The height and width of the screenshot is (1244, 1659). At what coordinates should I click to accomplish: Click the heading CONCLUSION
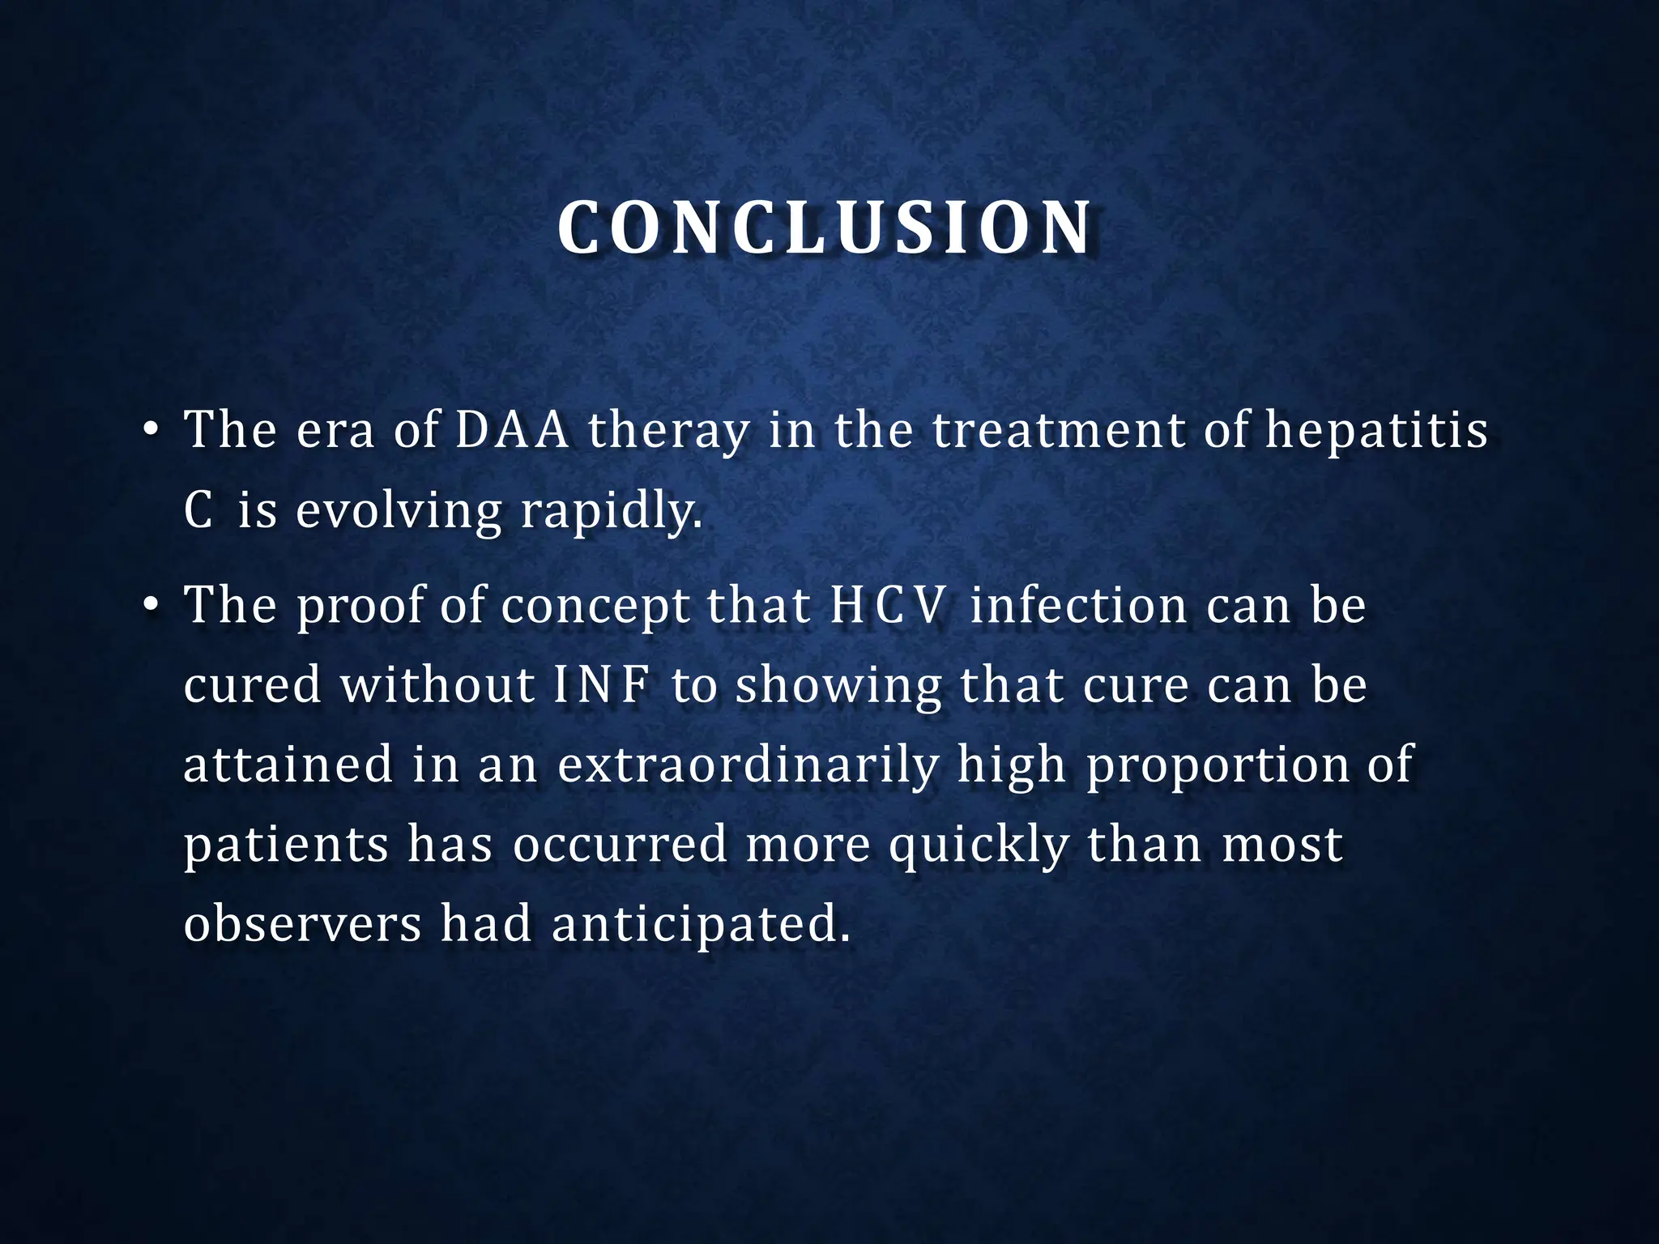tap(825, 228)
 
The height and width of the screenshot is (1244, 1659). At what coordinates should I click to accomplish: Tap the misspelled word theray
tap(668, 431)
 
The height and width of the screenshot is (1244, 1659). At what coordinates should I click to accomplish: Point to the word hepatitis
tap(1376, 431)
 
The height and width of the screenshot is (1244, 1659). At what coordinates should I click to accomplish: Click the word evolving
tap(399, 511)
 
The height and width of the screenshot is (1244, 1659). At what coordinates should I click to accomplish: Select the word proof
tap(359, 606)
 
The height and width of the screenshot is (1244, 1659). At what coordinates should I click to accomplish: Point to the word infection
tap(1077, 605)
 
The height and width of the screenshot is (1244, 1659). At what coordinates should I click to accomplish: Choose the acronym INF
tap(602, 685)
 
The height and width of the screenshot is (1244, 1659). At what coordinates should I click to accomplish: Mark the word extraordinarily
tap(748, 765)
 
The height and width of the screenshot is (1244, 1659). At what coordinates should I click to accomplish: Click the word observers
tap(302, 924)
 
